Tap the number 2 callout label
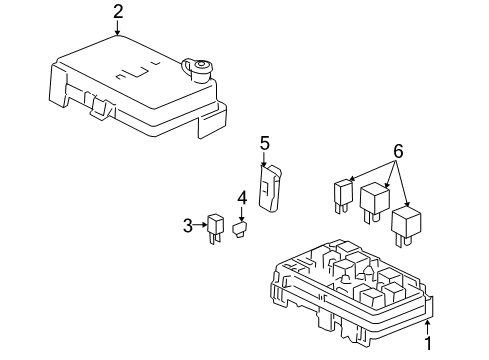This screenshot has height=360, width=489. [119, 12]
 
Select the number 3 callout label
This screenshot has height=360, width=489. [187, 226]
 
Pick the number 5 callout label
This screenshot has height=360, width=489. [265, 144]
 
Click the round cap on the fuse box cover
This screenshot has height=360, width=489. [199, 69]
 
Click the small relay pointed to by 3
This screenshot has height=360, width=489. [215, 227]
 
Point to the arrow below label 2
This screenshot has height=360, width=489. [119, 29]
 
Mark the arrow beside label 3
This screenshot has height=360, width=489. [200, 226]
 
